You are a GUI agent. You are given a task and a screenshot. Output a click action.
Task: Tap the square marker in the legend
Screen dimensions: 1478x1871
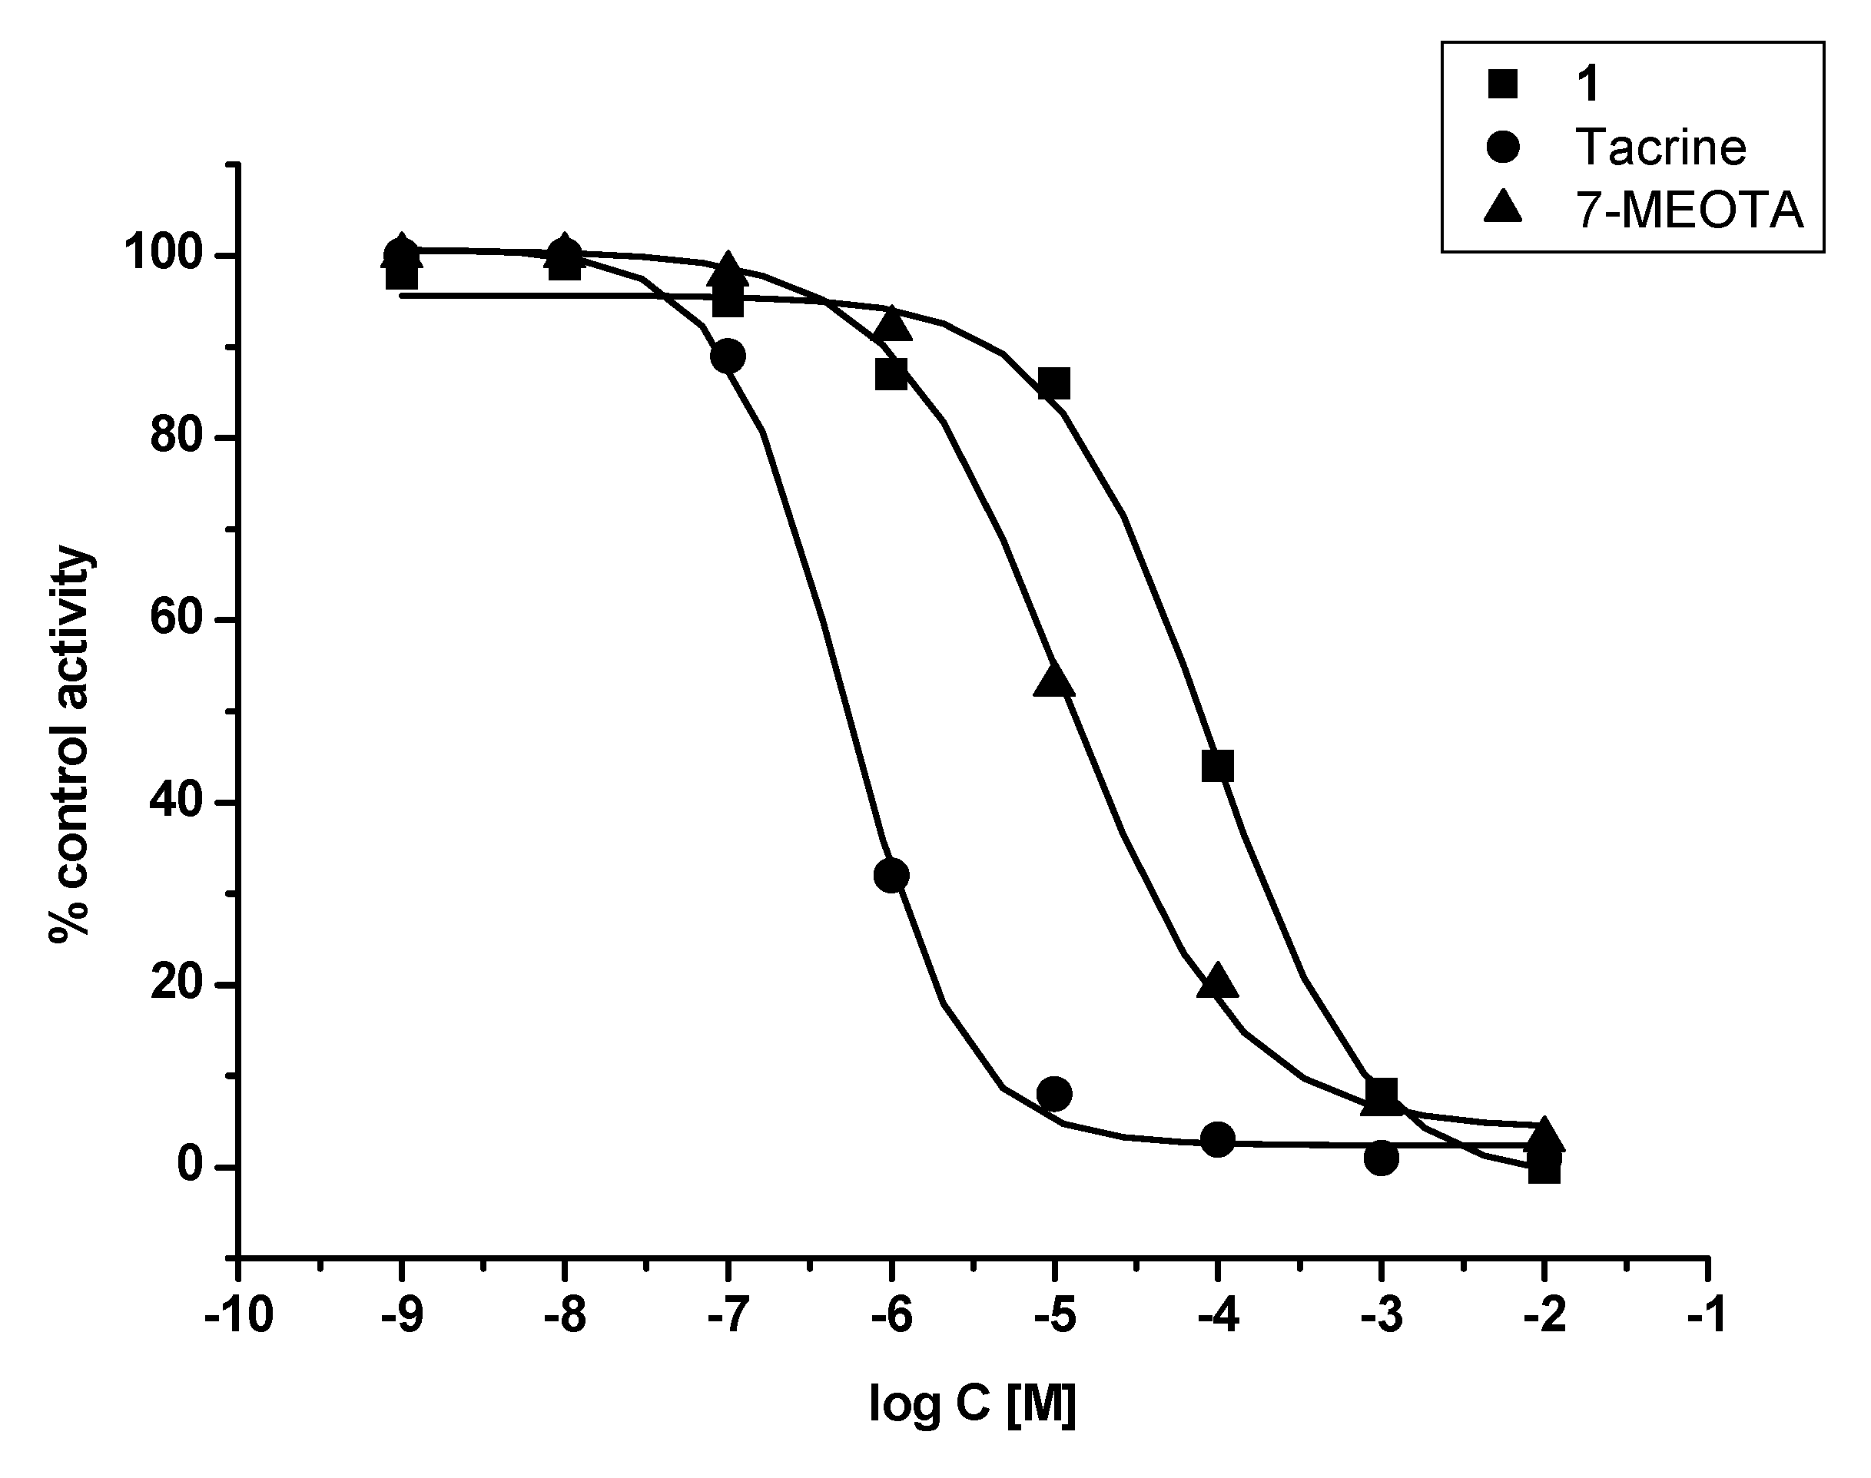pos(1503,85)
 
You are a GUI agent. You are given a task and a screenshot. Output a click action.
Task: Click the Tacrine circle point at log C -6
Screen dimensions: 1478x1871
pos(891,876)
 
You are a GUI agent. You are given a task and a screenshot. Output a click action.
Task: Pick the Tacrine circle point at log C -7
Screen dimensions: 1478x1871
pos(728,356)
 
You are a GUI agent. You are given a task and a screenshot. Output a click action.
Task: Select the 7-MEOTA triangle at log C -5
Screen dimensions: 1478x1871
pos(1054,681)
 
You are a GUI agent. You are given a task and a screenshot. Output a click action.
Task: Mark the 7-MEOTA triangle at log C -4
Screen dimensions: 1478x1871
pos(1218,981)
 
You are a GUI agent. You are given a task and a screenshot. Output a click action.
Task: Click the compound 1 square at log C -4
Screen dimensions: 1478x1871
pos(1218,766)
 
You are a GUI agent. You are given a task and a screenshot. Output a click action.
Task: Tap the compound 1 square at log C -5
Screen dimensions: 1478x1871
pos(1054,383)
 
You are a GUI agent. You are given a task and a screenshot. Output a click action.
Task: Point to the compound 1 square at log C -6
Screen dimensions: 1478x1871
pos(891,375)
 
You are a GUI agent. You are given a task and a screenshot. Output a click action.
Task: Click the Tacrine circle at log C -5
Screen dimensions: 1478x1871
pos(1054,1094)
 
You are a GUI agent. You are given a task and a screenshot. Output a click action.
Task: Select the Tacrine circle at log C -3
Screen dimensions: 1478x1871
pos(1382,1158)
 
